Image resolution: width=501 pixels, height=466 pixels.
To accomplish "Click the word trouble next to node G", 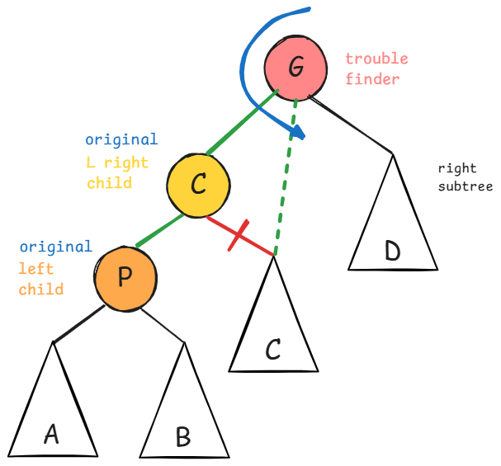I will [x=376, y=59].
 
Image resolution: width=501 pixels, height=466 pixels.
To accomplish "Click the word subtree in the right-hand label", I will [x=465, y=186].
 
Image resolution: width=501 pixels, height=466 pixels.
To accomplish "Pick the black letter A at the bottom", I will [x=51, y=434].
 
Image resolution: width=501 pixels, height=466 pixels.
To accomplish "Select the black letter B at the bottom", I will [x=182, y=436].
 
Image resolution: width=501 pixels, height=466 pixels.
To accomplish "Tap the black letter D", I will [x=392, y=251].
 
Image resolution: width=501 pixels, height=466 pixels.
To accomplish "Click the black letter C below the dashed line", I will [x=273, y=350].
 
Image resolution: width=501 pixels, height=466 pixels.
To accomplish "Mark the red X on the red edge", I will [x=238, y=236].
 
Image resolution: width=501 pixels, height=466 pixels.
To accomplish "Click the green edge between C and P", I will [x=159, y=231].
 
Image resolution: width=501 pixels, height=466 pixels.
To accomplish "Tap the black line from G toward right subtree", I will [x=351, y=125].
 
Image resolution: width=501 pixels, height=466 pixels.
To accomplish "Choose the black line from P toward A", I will [x=78, y=324].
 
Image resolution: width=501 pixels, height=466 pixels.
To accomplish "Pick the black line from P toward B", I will [x=162, y=326].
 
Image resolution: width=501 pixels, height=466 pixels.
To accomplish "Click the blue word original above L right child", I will [x=121, y=140].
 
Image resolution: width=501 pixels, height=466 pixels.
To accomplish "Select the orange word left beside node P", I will [x=35, y=269].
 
